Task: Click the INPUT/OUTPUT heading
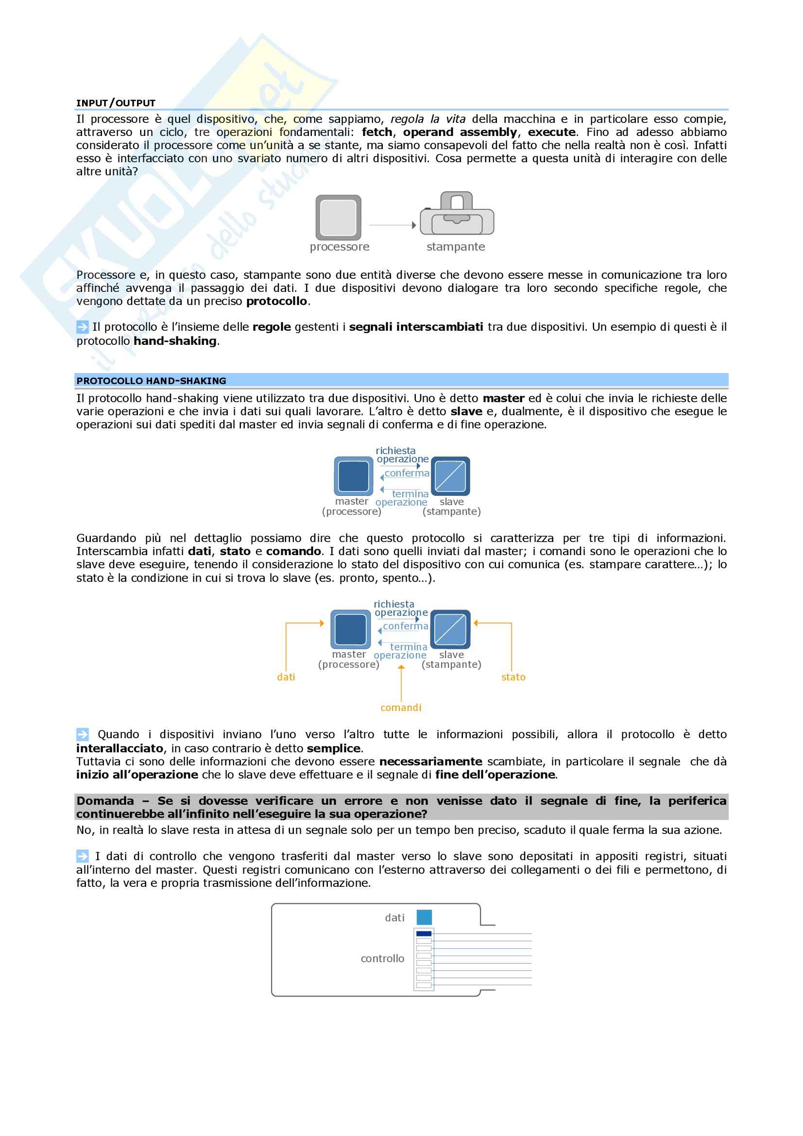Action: [116, 103]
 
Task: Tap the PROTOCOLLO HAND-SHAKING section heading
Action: [151, 380]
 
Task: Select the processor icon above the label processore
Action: [339, 217]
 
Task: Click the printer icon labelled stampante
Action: [457, 214]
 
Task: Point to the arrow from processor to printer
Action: [393, 225]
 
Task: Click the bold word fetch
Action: [377, 132]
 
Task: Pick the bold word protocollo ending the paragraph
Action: [276, 301]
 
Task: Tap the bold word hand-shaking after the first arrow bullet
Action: [175, 341]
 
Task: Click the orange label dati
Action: [286, 677]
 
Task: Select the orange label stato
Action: [513, 677]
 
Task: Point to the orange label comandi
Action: [401, 708]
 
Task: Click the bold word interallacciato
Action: [120, 748]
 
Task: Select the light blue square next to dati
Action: [424, 917]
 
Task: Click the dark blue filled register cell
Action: [424, 933]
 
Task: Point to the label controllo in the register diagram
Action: [382, 958]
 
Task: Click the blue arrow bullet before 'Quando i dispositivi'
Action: [82, 734]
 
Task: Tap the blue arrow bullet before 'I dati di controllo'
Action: [82, 856]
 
